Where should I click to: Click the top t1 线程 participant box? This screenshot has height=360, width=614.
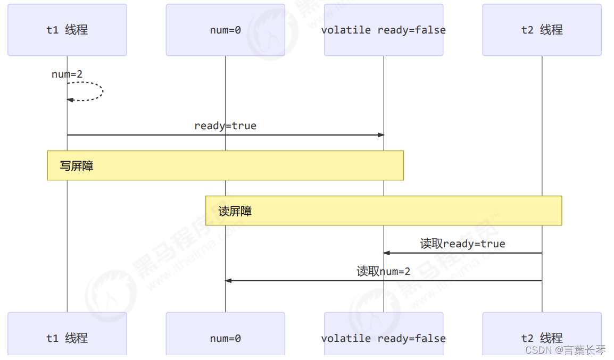click(x=67, y=30)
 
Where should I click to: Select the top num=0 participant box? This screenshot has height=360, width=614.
click(x=225, y=30)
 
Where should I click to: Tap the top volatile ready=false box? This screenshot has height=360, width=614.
click(x=384, y=30)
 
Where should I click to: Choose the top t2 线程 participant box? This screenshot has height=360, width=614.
click(x=542, y=30)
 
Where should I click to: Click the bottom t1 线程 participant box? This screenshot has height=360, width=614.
click(x=67, y=337)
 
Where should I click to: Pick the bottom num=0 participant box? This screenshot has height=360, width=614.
click(x=225, y=337)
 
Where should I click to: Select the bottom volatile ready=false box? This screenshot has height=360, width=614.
click(x=384, y=337)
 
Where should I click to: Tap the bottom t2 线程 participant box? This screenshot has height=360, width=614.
click(x=542, y=337)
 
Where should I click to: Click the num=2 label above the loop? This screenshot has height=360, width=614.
click(x=67, y=74)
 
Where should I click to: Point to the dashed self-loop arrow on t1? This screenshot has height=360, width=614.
click(x=101, y=91)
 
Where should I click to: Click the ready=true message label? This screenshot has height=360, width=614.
click(x=225, y=126)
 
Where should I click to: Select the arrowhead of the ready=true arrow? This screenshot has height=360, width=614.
click(x=381, y=135)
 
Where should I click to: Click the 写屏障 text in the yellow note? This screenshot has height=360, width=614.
click(x=77, y=166)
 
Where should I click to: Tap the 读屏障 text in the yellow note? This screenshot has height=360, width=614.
click(x=235, y=211)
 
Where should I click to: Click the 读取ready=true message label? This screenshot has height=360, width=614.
click(x=462, y=244)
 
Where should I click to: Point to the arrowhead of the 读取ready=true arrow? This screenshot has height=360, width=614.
click(x=387, y=253)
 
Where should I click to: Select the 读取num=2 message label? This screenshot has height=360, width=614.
click(x=383, y=272)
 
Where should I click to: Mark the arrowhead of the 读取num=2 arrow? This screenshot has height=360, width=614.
click(x=228, y=281)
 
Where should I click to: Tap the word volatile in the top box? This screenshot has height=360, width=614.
click(x=346, y=30)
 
